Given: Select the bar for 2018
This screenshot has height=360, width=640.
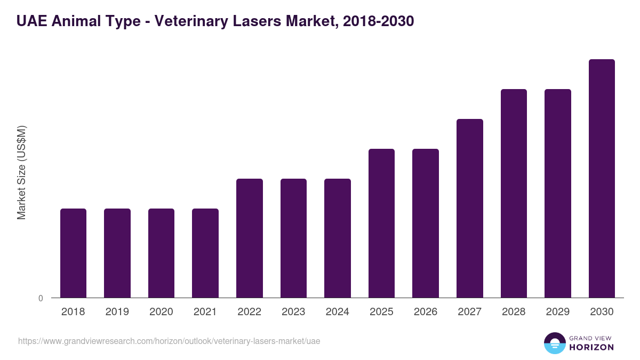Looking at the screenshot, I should [x=73, y=253].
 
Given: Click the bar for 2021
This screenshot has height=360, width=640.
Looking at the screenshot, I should [x=205, y=253].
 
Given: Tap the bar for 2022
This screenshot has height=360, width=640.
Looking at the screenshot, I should [x=250, y=238].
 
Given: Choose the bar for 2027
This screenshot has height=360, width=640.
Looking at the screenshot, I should [x=470, y=208].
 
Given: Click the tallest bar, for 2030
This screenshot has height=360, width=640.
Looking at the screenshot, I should [x=602, y=178].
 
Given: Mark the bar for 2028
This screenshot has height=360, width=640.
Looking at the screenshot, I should [x=514, y=193].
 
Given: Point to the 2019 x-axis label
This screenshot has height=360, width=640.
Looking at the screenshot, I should [x=117, y=312].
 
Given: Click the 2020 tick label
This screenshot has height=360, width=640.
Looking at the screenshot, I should [x=161, y=312].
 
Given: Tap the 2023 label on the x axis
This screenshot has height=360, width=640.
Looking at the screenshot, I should [x=293, y=312].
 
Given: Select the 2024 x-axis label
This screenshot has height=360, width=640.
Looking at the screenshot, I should [x=337, y=312].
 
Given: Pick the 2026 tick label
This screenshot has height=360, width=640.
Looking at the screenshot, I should [x=425, y=312].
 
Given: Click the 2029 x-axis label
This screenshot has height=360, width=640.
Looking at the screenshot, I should [x=557, y=312].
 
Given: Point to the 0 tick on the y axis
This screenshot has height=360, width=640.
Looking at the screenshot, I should [x=41, y=299].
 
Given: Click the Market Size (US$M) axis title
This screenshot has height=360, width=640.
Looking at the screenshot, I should [x=21, y=172].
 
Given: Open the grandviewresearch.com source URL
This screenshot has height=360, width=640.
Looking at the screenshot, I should [x=169, y=341].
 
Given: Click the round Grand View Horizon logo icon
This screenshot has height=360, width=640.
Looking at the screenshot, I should [x=555, y=343].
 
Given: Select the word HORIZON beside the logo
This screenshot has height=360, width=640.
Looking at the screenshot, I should [x=591, y=347].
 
